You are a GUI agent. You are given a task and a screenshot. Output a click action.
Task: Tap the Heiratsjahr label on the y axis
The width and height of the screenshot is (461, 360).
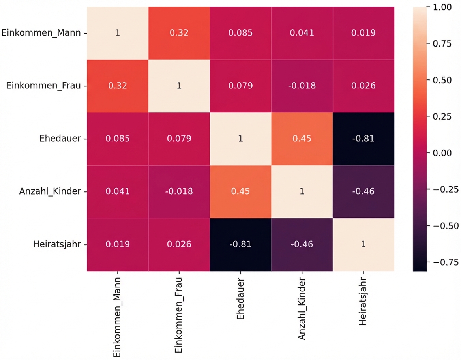tap(57, 244)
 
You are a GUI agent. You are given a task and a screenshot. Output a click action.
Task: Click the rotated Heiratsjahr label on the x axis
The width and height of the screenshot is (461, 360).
tap(364, 304)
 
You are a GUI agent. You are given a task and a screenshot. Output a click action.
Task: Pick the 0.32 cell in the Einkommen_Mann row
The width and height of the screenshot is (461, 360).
tap(179, 33)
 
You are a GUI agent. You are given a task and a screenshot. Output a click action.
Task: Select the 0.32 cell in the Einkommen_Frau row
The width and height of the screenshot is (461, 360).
tap(117, 86)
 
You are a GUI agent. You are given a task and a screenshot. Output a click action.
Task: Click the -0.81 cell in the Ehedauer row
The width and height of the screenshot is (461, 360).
tap(364, 139)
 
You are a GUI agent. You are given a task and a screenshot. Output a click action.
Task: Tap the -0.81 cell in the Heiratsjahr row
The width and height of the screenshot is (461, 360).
tap(240, 244)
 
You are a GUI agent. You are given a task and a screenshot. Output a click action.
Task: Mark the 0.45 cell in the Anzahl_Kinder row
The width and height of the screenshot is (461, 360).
tap(240, 191)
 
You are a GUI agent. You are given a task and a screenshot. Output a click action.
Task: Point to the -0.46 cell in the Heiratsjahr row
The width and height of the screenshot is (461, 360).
tap(302, 244)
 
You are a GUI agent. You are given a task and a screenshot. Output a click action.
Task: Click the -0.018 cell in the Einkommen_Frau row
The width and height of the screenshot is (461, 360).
tap(302, 86)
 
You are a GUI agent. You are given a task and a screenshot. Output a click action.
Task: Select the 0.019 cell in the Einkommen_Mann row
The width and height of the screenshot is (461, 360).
tap(364, 33)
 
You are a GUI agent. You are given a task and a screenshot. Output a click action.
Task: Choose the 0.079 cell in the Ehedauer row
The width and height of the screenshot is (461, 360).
tap(179, 139)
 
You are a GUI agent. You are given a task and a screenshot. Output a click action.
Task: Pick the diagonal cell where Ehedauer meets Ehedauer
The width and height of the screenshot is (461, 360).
tap(240, 139)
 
